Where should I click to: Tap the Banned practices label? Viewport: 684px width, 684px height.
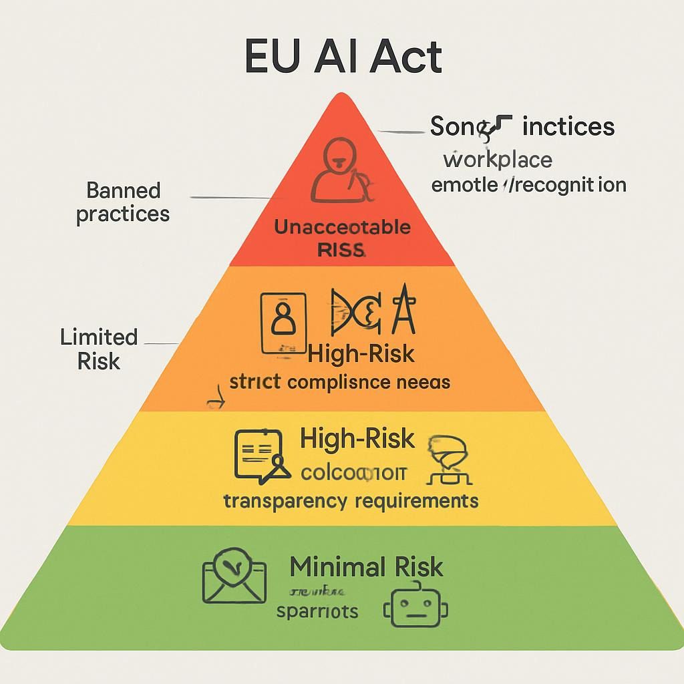tap(123, 202)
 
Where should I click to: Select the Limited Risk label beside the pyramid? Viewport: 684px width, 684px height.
tap(99, 349)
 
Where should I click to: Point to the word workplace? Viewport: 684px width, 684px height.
tap(498, 160)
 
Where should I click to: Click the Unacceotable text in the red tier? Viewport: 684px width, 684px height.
tap(342, 227)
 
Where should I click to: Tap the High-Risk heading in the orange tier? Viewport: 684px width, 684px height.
tap(361, 353)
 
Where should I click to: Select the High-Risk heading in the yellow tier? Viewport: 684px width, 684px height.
tap(357, 440)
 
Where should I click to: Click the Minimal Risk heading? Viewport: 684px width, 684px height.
tap(366, 567)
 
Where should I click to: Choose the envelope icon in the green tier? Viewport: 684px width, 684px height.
tap(234, 576)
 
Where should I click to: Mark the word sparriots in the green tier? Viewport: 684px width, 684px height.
tap(317, 611)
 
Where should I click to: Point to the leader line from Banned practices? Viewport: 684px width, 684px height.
tap(230, 198)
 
